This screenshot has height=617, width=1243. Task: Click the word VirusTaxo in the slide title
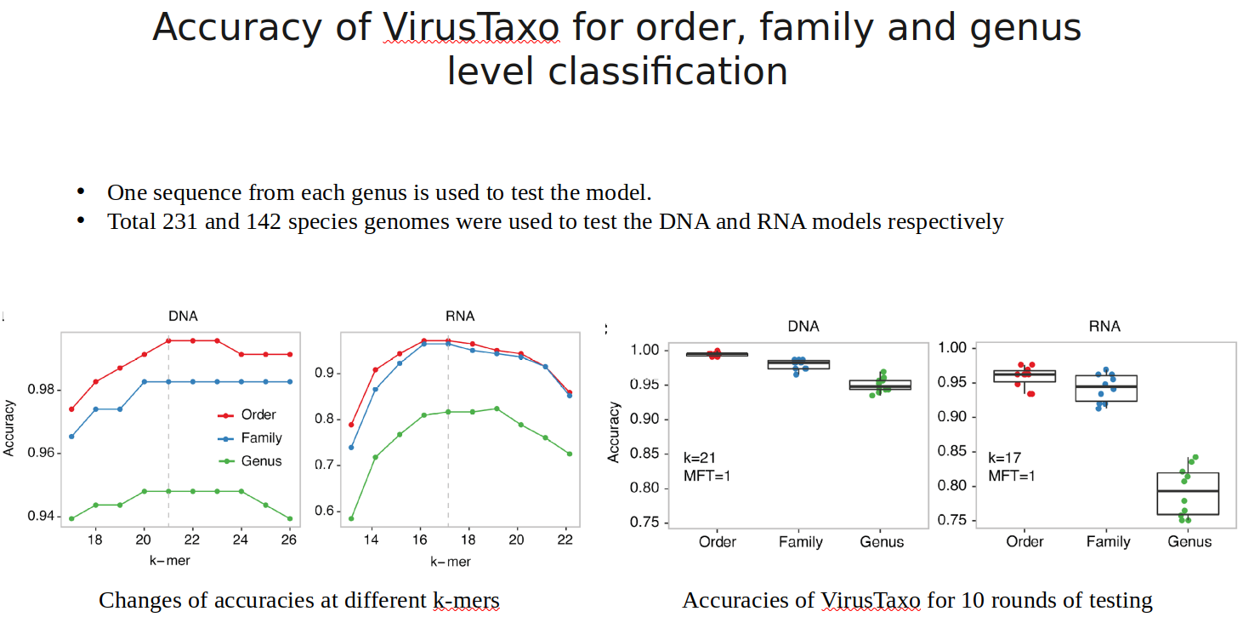471,28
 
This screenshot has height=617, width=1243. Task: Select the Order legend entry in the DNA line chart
258,414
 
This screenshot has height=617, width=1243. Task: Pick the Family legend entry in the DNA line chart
261,437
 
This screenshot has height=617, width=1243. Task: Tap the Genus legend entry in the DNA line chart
261,461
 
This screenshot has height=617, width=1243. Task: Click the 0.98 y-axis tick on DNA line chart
43,390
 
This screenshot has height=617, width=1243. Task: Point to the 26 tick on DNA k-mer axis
289,540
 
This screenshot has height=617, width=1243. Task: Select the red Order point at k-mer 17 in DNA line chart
71,409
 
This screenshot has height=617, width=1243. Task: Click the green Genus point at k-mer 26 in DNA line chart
290,518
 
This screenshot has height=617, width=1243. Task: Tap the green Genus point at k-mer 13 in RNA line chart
351,518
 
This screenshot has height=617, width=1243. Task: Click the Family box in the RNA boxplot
1106,388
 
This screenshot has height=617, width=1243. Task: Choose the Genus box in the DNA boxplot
882,385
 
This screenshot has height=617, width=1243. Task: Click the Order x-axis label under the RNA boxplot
1025,542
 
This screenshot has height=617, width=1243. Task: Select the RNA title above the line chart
460,317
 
